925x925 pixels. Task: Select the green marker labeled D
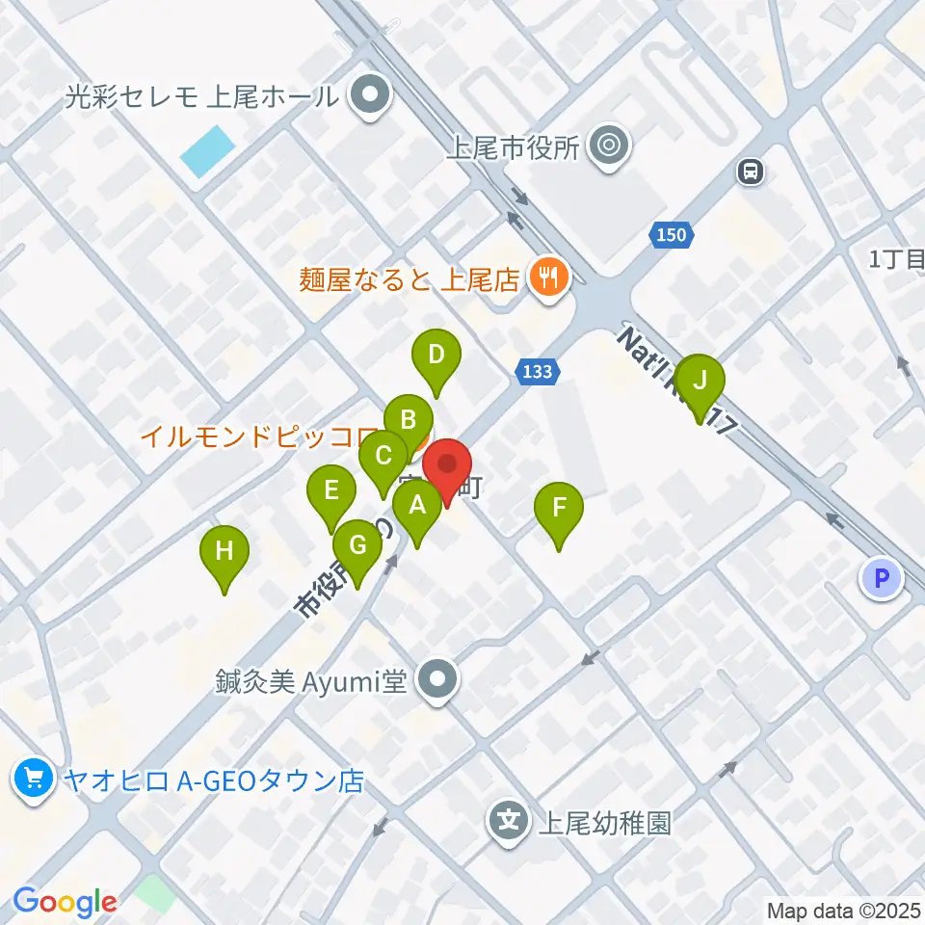[436, 355]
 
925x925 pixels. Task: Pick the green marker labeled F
[559, 507]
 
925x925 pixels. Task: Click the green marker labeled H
[225, 551]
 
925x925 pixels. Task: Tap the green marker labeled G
[357, 546]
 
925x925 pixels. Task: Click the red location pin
[447, 465]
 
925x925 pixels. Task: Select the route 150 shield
[672, 234]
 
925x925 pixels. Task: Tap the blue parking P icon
[881, 578]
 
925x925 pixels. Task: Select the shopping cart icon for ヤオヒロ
[34, 777]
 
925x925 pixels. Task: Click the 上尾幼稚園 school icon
[509, 822]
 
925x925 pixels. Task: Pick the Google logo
[65, 902]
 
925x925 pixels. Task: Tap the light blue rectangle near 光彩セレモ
[207, 151]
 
